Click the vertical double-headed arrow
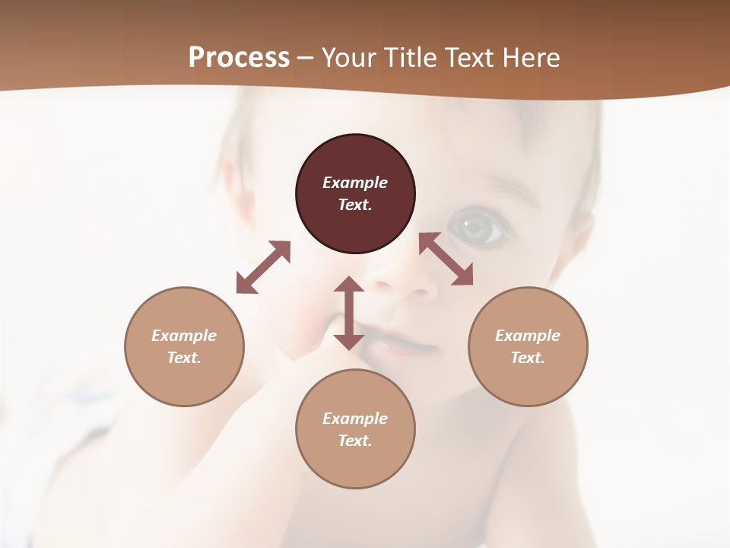[349, 313]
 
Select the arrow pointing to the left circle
[263, 267]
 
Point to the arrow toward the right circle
[446, 259]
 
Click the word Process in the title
[239, 57]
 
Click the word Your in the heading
[350, 58]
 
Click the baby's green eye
[476, 227]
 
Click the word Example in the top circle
[355, 183]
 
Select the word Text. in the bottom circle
[355, 441]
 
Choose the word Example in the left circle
[184, 336]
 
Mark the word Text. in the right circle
[528, 358]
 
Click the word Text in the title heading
[468, 58]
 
